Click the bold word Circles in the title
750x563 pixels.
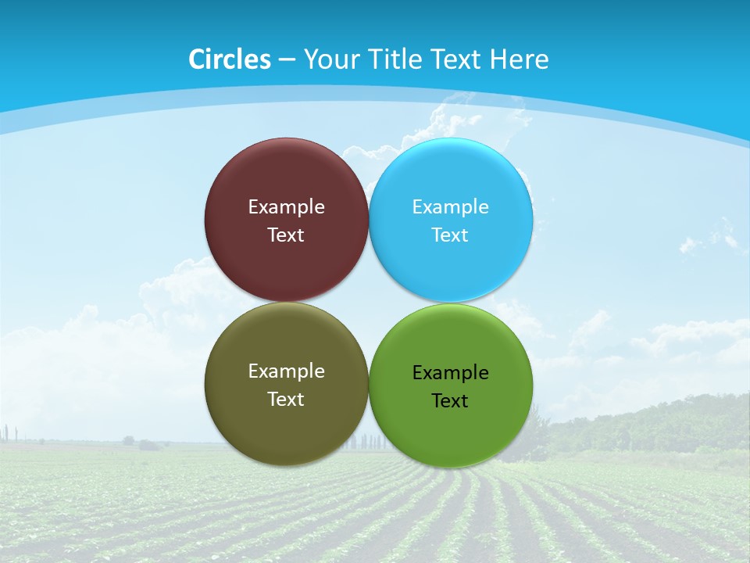230,59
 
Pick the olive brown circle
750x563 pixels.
286,426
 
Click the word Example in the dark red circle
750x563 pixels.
286,207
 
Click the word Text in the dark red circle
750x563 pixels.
286,235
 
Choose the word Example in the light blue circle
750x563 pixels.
451,207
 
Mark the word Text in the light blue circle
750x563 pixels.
451,235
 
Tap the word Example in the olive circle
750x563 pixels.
286,371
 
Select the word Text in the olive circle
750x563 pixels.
286,400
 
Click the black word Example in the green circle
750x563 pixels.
451,373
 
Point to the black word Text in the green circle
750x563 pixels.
451,401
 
